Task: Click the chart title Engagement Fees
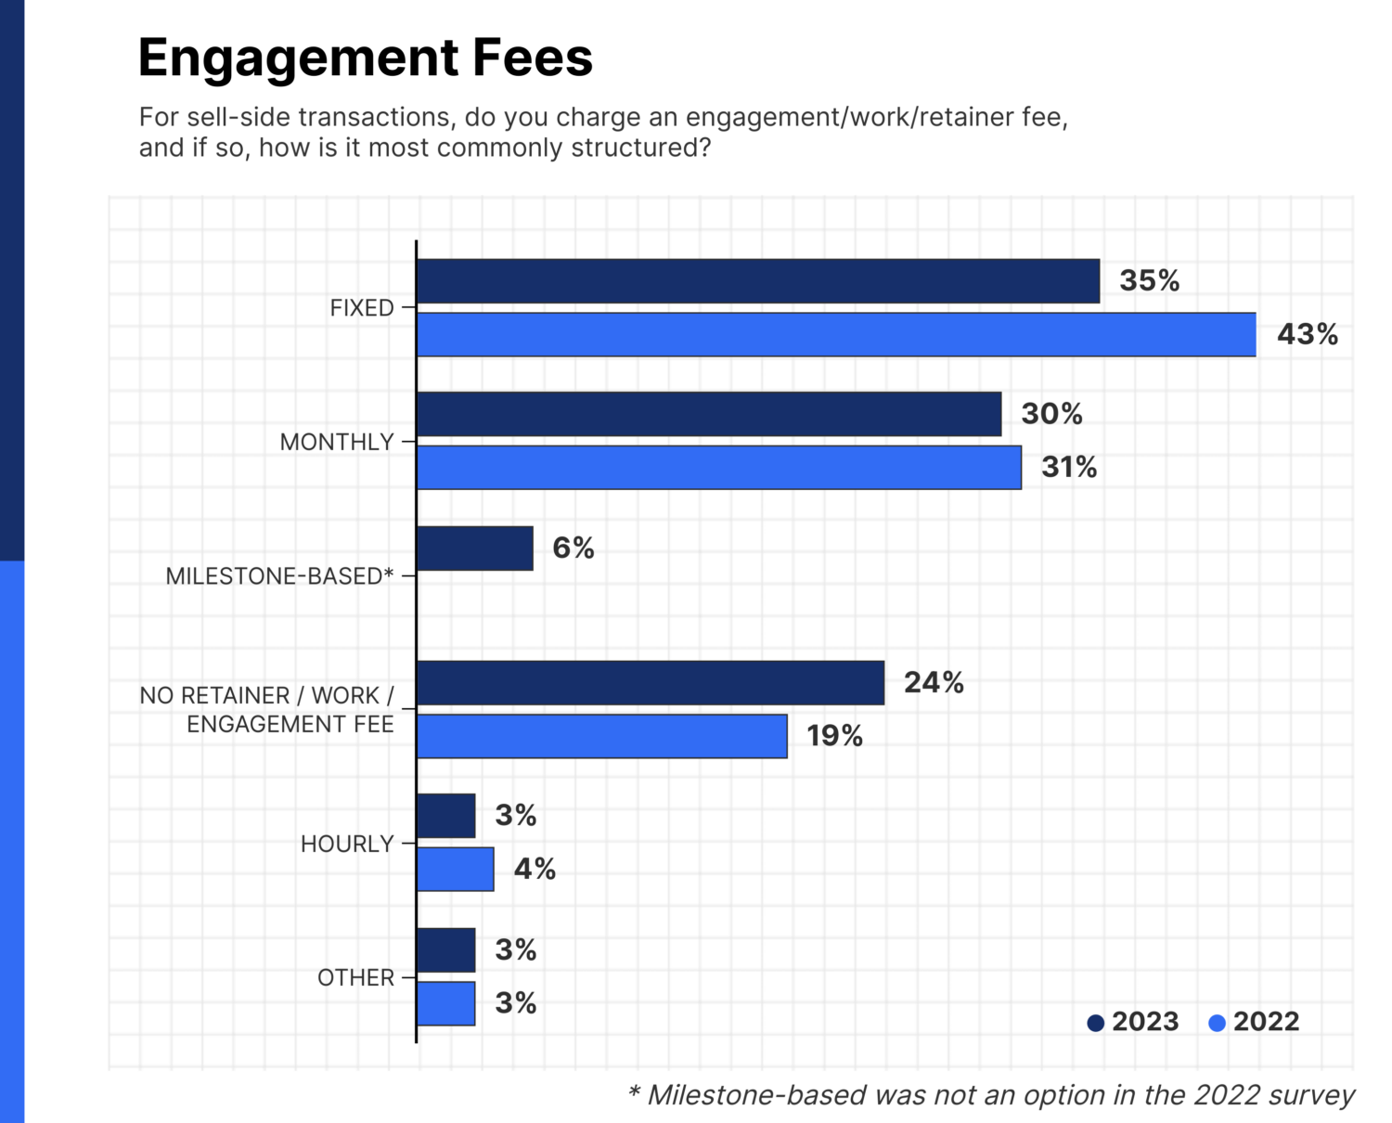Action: coord(365,58)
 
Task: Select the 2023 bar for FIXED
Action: coord(757,281)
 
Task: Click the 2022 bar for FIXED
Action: coord(835,335)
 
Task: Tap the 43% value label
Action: coord(1307,334)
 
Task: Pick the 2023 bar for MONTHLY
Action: coord(709,414)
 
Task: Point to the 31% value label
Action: coord(1068,467)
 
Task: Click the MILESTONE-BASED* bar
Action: coord(475,549)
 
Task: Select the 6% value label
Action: coord(573,548)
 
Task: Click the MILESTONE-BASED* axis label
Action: coord(279,576)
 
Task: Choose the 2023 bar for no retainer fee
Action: coord(650,683)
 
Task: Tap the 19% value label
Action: coord(834,736)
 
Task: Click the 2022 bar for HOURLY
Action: coord(455,870)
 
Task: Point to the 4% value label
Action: coord(535,869)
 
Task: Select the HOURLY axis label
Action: coord(347,844)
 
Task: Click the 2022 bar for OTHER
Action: coord(445,1003)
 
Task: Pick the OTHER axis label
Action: coord(355,977)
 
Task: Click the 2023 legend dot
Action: coord(1095,1023)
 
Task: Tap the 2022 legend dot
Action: coord(1217,1023)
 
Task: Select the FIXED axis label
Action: coord(362,308)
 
